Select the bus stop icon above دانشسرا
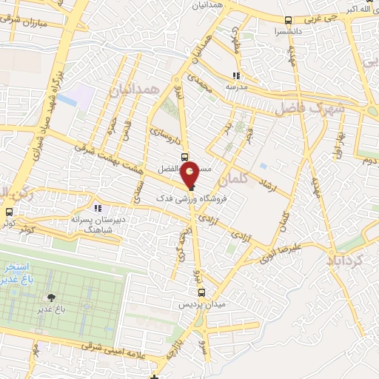click(x=287, y=21)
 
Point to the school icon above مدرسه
click(x=237, y=76)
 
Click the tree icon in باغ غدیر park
click(x=51, y=298)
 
